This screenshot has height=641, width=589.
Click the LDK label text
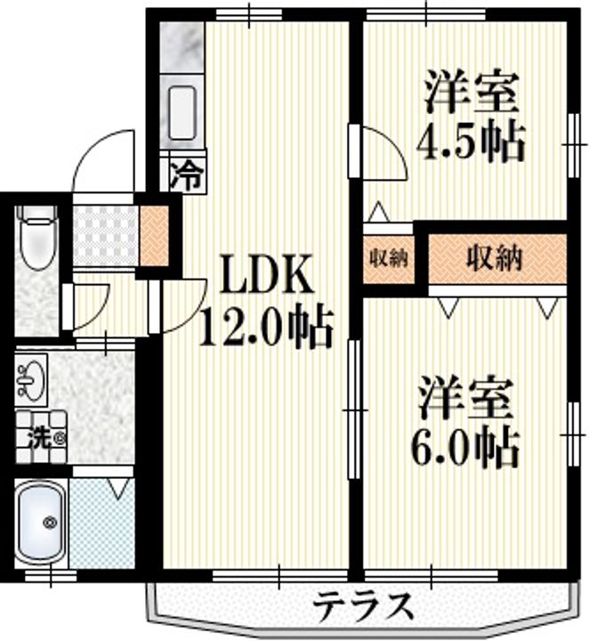coord(268,273)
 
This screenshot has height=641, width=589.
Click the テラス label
coord(364,605)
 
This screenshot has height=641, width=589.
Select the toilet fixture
coord(37,237)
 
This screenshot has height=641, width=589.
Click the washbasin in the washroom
coord(32,378)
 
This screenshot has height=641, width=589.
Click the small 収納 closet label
coord(389,258)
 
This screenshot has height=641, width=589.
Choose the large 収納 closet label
coord(494,258)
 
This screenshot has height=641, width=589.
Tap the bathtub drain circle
coord(51,523)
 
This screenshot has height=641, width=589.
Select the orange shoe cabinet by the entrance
coord(154,235)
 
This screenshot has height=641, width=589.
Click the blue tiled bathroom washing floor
coord(102,523)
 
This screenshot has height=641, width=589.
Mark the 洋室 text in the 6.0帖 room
coord(466,399)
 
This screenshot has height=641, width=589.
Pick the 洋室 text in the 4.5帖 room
coord(471,93)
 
